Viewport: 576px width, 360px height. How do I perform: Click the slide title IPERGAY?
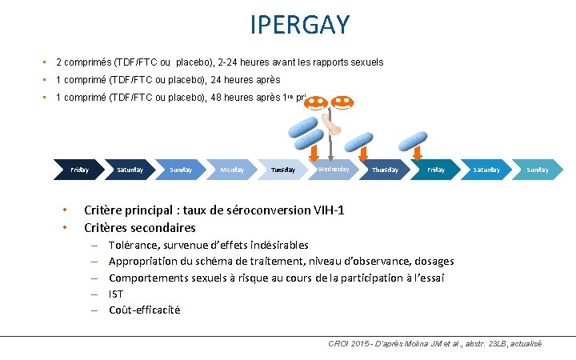click(300, 25)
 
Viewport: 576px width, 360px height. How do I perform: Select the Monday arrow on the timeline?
click(232, 170)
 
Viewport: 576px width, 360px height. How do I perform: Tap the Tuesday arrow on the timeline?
click(283, 170)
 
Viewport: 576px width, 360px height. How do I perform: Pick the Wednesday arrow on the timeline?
click(334, 169)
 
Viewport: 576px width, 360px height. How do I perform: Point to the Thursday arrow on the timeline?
click(385, 170)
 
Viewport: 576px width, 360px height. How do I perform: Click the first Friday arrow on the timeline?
click(80, 170)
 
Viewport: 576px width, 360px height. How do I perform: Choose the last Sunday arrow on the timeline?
click(538, 170)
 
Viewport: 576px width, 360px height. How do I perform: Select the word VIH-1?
click(326, 210)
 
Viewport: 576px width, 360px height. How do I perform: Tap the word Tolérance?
click(134, 245)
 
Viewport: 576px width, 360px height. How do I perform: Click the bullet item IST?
click(116, 294)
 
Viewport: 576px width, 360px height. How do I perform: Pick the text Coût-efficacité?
click(144, 310)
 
